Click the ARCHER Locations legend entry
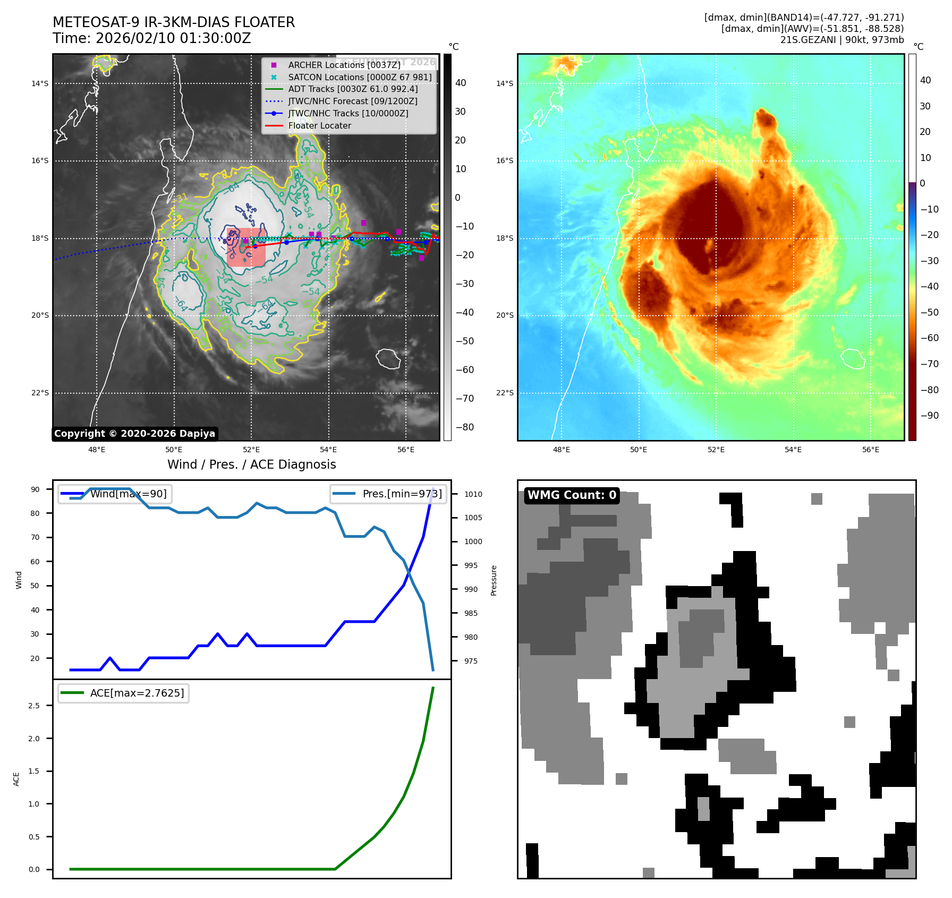(x=344, y=65)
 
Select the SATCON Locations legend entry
(x=359, y=77)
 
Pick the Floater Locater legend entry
(x=319, y=125)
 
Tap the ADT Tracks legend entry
(x=352, y=89)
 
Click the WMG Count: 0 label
(x=572, y=495)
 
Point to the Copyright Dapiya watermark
(x=135, y=434)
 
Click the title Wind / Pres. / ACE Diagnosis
(x=251, y=464)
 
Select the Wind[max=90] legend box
(x=115, y=494)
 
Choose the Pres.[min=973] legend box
(x=388, y=494)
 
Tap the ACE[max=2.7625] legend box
(x=124, y=693)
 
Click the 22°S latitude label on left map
(x=40, y=393)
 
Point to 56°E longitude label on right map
(x=870, y=450)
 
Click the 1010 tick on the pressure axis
(x=473, y=494)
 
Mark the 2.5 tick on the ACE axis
(x=34, y=706)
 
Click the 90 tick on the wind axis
(x=35, y=489)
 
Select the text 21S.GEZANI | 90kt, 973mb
(x=841, y=40)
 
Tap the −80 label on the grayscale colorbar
(x=464, y=427)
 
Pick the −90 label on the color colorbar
(x=929, y=416)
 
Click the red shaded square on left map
(x=246, y=247)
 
